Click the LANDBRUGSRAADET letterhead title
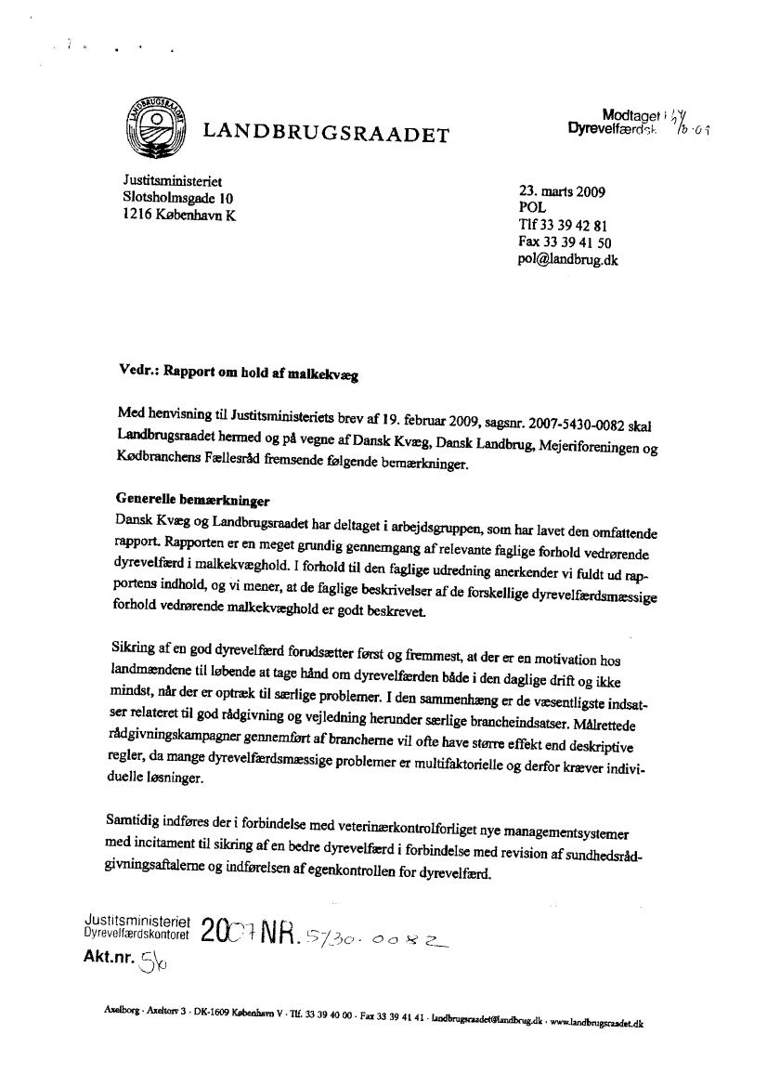pos(326,136)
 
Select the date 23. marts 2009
pos(562,193)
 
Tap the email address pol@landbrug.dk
pos(567,260)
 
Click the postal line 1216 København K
pos(179,215)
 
